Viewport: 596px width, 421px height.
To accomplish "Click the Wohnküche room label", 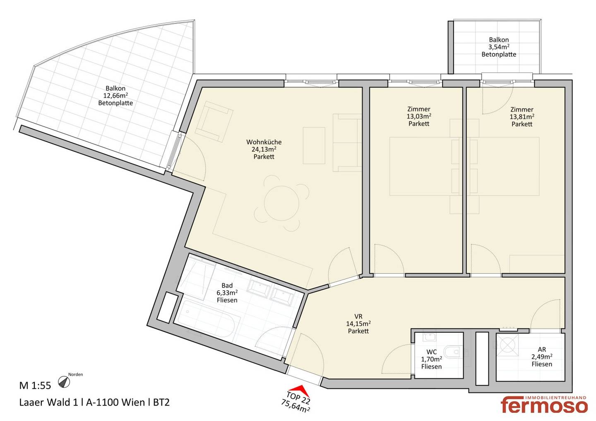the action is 264,142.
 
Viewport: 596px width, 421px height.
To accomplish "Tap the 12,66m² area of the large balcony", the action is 115,96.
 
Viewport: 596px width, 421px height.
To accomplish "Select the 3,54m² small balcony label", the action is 499,47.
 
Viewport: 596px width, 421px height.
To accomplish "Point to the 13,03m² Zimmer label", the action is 419,116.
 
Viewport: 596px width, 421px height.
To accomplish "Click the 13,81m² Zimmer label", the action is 522,117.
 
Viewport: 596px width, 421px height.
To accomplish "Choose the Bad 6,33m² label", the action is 227,293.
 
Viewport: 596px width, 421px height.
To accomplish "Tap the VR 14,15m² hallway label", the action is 358,324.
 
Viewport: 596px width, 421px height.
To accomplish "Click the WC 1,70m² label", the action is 431,359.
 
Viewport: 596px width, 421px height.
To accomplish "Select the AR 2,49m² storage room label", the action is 542,356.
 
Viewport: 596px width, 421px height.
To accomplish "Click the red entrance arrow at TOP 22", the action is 301,390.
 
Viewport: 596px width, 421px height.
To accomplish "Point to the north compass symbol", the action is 64,382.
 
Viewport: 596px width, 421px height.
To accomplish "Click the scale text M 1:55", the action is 35,385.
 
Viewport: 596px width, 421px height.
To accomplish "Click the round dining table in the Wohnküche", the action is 281,203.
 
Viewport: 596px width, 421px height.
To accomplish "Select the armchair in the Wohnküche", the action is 214,121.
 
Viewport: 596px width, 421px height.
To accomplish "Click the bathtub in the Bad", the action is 205,321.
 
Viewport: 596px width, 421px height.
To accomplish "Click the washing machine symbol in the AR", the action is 507,345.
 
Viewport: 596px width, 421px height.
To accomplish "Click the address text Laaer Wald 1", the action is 49,402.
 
